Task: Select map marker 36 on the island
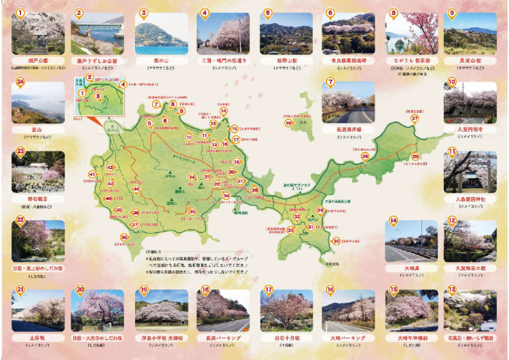click(124, 237)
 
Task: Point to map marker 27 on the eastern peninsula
click(415, 118)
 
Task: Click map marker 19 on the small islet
click(288, 123)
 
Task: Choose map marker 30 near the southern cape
click(335, 240)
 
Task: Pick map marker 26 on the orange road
click(364, 156)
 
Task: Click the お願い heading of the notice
click(156, 251)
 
